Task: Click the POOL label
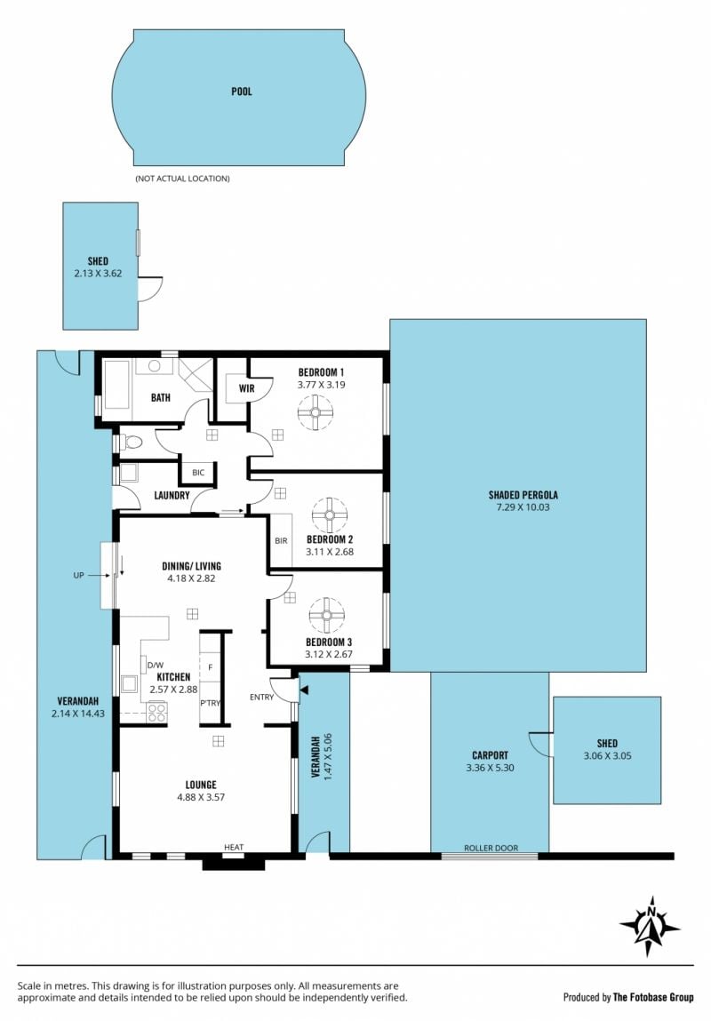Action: [x=242, y=92]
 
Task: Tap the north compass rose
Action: [x=650, y=925]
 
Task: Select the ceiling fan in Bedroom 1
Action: [x=316, y=412]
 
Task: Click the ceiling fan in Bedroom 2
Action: [x=330, y=515]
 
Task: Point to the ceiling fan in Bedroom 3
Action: [x=326, y=615]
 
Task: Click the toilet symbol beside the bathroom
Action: [x=132, y=443]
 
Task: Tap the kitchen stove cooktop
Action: [x=156, y=712]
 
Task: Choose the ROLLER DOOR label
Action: [x=491, y=848]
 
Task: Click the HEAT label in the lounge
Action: [x=234, y=847]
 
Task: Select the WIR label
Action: [x=247, y=388]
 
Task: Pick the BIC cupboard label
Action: [x=198, y=472]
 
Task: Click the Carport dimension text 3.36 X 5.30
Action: [x=491, y=768]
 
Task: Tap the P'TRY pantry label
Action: [x=211, y=703]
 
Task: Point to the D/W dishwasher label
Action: [x=155, y=666]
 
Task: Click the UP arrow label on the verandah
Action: [x=79, y=576]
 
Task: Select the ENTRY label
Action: [x=262, y=698]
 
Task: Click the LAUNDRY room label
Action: [x=172, y=496]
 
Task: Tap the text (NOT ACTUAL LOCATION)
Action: [x=182, y=179]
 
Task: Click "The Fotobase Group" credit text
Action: [x=653, y=997]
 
